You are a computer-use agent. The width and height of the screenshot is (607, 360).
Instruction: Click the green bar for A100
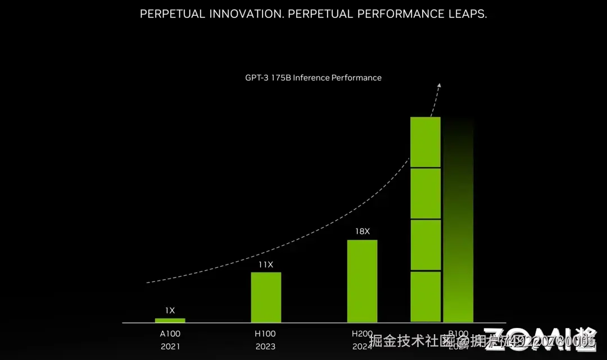pos(170,320)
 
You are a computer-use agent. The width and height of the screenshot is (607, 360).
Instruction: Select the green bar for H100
pos(266,297)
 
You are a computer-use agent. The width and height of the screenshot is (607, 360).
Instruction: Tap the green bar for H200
pos(362,281)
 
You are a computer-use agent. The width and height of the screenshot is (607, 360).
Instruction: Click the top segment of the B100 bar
pos(425,142)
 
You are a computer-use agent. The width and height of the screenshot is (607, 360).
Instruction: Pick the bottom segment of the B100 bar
pos(425,297)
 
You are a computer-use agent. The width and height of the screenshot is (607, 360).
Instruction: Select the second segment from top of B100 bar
pos(425,193)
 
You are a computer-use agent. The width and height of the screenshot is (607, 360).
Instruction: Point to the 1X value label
pos(170,310)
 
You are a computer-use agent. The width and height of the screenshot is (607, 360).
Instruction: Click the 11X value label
pos(266,264)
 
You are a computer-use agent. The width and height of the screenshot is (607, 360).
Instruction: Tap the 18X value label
pos(362,231)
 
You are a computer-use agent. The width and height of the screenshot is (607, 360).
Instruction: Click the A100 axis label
pos(170,334)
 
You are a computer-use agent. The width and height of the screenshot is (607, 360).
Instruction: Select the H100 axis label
pos(266,334)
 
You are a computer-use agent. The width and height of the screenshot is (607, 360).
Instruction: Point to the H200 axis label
pos(362,334)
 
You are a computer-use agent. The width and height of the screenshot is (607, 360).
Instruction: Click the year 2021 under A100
pos(170,347)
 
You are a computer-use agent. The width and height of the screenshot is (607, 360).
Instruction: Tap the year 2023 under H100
pos(266,347)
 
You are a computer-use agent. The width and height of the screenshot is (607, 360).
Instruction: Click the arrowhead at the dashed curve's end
pos(440,85)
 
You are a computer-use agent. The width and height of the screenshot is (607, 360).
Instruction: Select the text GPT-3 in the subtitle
pos(257,78)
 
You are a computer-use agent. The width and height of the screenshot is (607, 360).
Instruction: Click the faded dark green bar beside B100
pos(459,225)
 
